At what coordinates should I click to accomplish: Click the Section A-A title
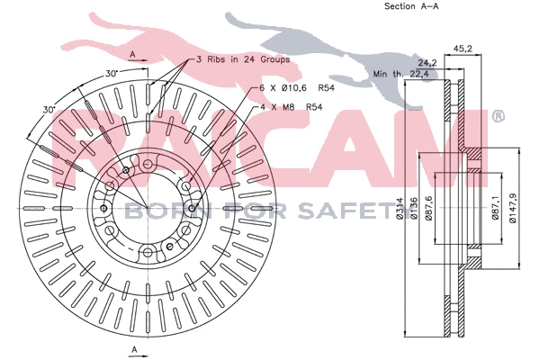[x=410, y=6]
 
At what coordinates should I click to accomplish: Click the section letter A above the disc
[x=133, y=55]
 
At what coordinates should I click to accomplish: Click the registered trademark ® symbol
[x=498, y=116]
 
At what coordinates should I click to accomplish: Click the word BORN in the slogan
[x=153, y=211]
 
